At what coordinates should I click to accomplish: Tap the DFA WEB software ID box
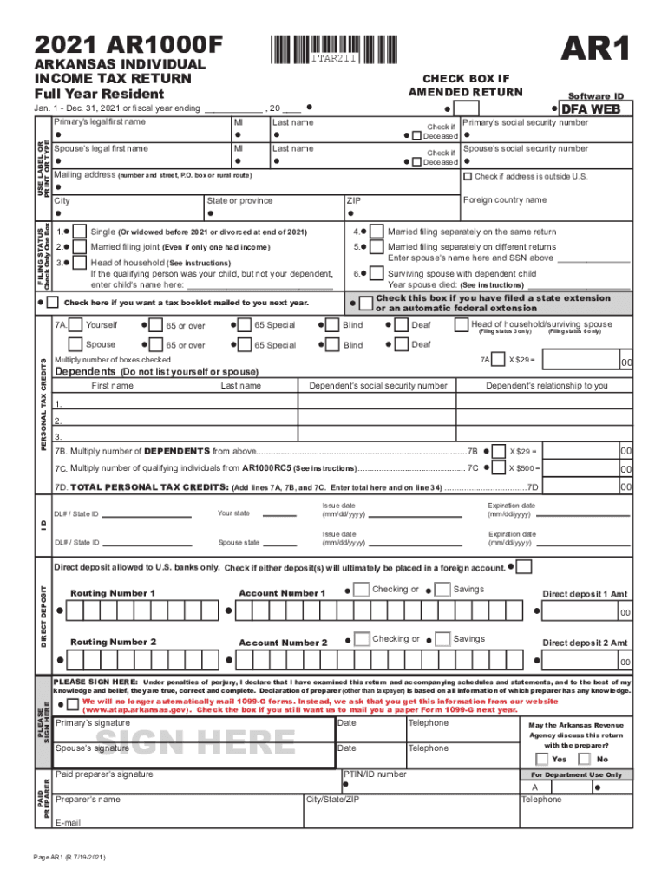pyautogui.click(x=598, y=109)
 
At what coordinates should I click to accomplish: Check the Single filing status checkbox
pyautogui.click(x=79, y=232)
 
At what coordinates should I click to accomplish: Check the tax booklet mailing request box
pyautogui.click(x=53, y=303)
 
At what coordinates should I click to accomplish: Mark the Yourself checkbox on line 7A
pyautogui.click(x=76, y=325)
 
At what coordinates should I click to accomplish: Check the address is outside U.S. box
pyautogui.click(x=468, y=177)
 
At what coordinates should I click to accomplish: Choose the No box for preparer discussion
pyautogui.click(x=589, y=759)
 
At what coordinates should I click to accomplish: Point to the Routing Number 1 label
pyautogui.click(x=113, y=593)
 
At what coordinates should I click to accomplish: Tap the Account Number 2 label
pyautogui.click(x=283, y=643)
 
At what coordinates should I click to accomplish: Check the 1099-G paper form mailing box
pyautogui.click(x=73, y=704)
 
